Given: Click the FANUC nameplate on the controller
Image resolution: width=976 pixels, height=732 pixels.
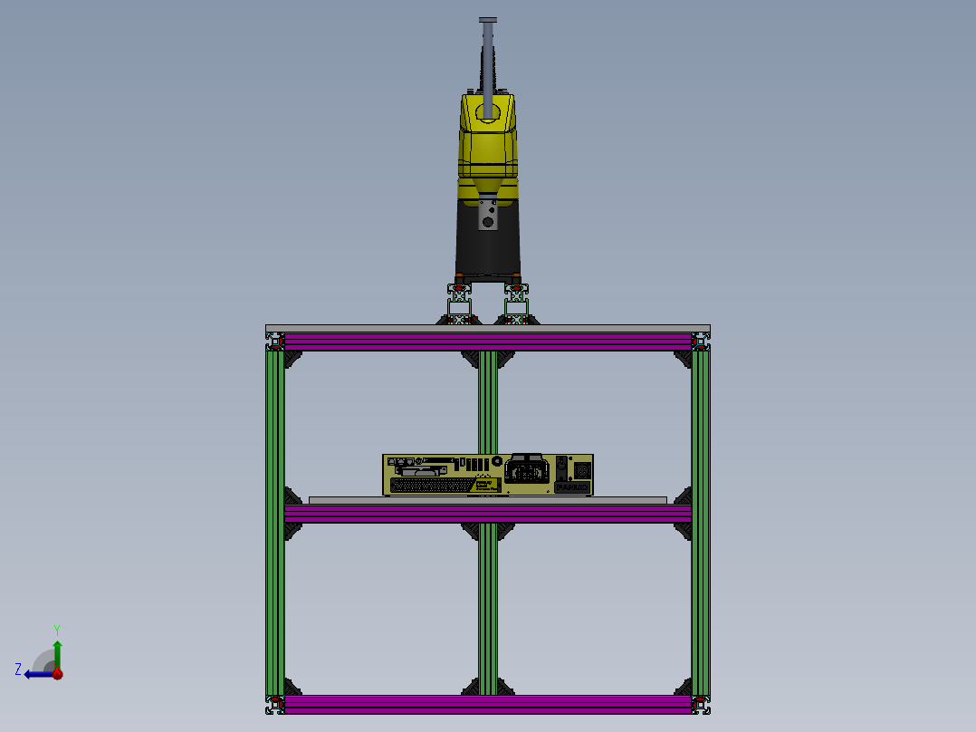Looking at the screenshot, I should [x=571, y=487].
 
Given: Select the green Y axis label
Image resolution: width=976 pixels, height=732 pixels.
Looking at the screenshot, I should [x=57, y=628].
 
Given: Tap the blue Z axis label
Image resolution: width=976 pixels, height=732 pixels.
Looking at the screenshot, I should [x=18, y=669].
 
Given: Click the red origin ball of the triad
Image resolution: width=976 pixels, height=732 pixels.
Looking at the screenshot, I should [x=57, y=673].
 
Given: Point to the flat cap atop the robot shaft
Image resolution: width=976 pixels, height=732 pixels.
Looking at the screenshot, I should [x=488, y=20].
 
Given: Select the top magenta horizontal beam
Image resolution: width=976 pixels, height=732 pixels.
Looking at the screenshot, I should [x=488, y=342].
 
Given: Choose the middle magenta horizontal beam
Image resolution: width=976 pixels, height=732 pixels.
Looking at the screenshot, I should [x=488, y=514].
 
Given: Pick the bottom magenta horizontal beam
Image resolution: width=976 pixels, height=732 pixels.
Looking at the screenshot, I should [x=488, y=704].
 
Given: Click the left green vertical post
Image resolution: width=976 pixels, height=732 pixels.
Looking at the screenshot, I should [x=275, y=521].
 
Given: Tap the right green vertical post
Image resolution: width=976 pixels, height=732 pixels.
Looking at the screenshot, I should [x=701, y=521].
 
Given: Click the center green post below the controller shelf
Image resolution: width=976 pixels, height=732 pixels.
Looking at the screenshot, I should [x=488, y=607].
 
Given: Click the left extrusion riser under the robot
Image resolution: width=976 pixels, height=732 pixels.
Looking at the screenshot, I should [x=461, y=304].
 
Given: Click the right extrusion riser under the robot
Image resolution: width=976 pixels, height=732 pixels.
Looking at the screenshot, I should [x=516, y=304].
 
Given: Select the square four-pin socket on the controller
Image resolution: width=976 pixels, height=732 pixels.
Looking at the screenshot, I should [x=582, y=471].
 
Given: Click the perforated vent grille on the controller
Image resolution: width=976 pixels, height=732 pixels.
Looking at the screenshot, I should [x=431, y=486].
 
